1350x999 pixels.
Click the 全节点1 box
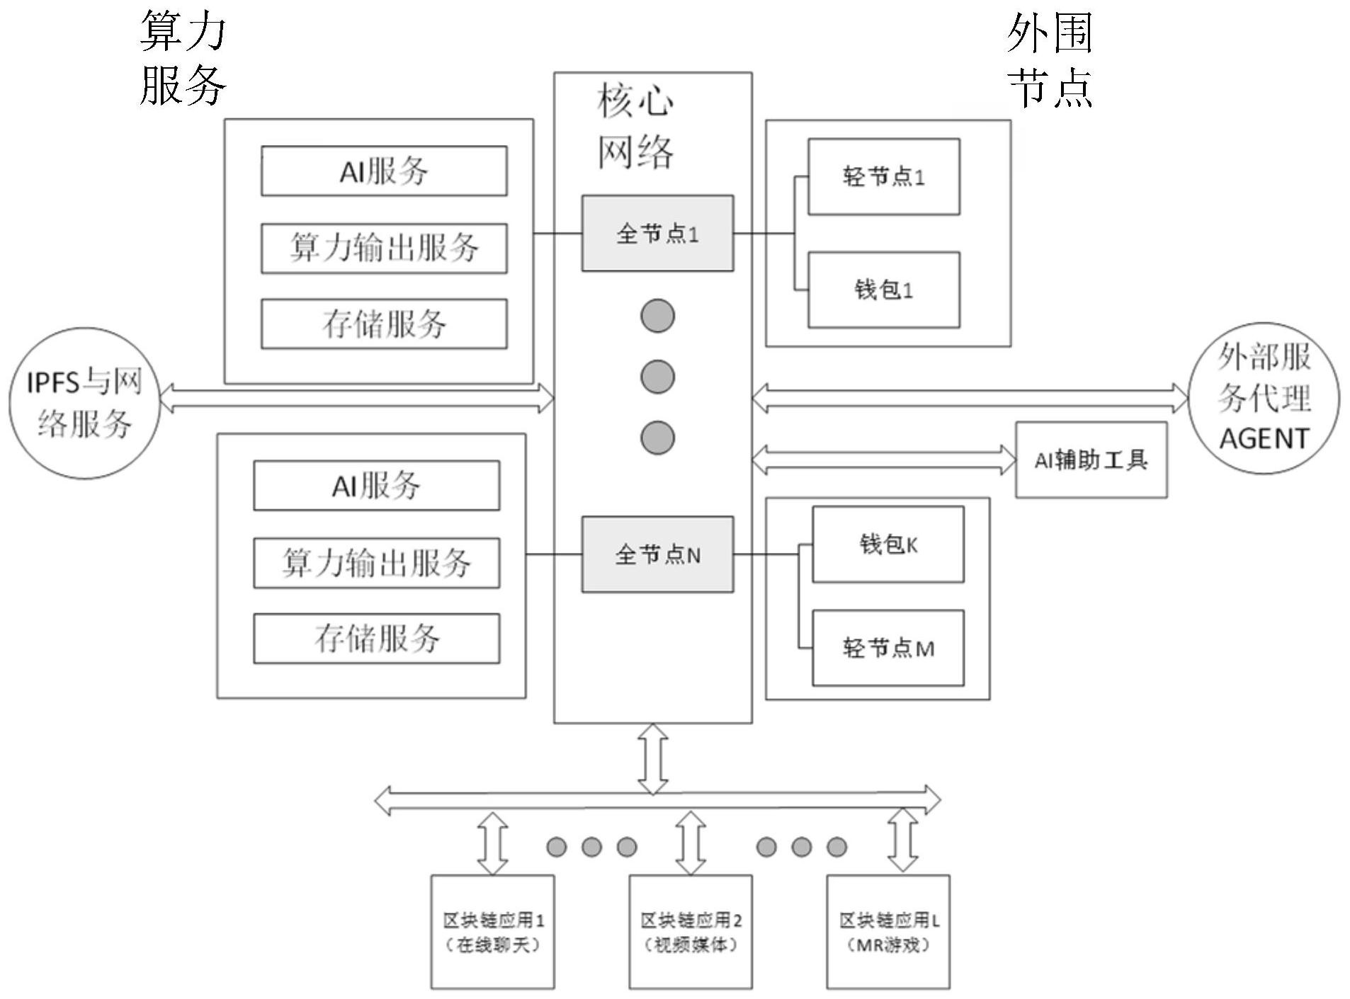tap(657, 234)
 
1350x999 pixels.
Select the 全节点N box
tap(657, 554)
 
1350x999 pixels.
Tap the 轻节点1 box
tap(883, 177)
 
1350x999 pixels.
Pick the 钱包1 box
tap(883, 290)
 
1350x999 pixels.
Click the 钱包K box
tap(887, 544)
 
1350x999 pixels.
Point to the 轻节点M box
tap(887, 648)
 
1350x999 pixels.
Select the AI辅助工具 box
tap(1091, 460)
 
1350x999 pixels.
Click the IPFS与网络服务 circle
tap(84, 403)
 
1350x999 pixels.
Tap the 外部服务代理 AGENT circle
tap(1263, 398)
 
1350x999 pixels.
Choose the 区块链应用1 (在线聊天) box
tap(493, 932)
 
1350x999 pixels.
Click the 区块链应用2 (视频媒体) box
tap(691, 932)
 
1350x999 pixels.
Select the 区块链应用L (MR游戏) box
tap(888, 932)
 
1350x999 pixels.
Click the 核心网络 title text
tap(635, 126)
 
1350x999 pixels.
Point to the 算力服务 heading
tap(183, 58)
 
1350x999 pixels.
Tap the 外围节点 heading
tap(1049, 59)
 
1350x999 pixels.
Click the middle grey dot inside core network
tap(657, 377)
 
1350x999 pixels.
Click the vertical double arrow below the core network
tap(652, 759)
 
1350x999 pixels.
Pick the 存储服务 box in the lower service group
tap(376, 639)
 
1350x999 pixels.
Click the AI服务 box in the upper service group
tap(383, 171)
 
